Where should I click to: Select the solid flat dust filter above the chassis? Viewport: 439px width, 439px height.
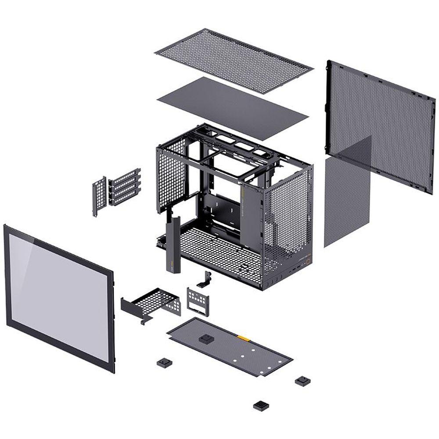point(233,108)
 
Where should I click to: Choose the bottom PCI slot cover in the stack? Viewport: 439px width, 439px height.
point(125,198)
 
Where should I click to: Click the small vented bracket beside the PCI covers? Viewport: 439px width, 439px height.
point(100,195)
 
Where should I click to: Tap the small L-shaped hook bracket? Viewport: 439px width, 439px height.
point(205,279)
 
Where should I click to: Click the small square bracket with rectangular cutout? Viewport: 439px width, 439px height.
point(197,300)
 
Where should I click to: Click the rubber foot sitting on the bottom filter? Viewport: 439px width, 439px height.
point(205,339)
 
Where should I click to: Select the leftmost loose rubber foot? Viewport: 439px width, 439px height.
point(164,363)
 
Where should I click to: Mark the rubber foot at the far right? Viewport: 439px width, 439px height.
point(302,381)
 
